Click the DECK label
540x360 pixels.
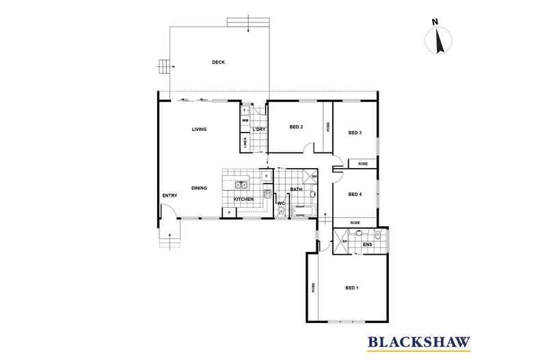tap(218, 63)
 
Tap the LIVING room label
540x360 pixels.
tap(199, 129)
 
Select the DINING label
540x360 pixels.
tap(199, 188)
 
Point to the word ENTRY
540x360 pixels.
tap(170, 196)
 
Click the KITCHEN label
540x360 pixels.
tap(244, 199)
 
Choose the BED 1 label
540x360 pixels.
tap(352, 288)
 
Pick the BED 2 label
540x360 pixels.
tap(296, 127)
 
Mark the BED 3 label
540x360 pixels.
tap(355, 133)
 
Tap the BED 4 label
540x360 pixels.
tap(355, 195)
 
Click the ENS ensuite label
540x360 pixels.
tap(367, 244)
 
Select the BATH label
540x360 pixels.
tap(296, 189)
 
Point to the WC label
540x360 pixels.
tap(280, 203)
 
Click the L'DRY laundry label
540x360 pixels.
tap(259, 129)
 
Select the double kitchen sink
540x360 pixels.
tap(241, 184)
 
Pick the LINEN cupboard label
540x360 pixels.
tap(244, 143)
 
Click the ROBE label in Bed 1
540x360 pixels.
tap(313, 288)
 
